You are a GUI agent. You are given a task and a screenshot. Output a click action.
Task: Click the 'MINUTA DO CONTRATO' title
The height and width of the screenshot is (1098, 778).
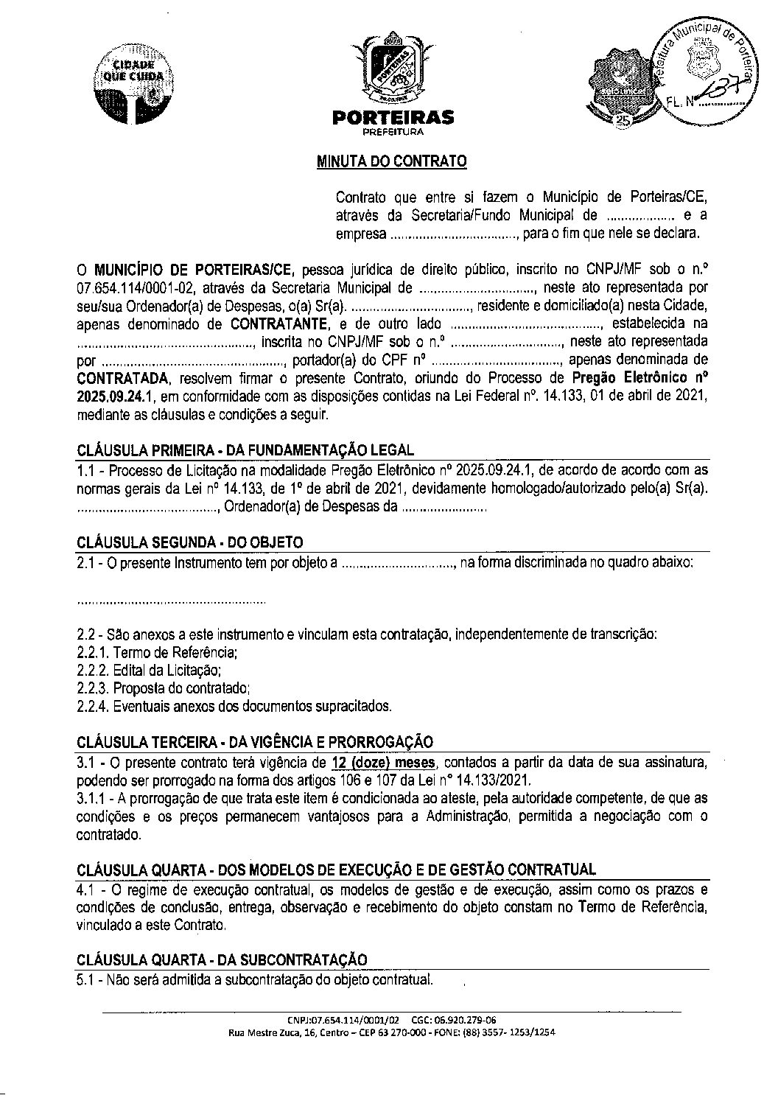[391, 161]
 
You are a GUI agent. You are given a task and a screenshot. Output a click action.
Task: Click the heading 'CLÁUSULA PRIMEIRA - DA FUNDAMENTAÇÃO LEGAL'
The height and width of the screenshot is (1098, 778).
[245, 450]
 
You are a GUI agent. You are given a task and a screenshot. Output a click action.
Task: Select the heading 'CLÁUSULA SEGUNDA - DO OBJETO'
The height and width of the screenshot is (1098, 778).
[189, 542]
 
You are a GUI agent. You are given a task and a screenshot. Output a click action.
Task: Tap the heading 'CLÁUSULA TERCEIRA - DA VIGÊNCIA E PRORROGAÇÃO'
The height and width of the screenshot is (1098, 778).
[255, 742]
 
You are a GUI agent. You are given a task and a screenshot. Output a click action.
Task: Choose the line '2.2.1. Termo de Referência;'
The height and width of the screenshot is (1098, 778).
[157, 652]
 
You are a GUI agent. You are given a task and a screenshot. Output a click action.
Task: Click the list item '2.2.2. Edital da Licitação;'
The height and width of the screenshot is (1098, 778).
[149, 671]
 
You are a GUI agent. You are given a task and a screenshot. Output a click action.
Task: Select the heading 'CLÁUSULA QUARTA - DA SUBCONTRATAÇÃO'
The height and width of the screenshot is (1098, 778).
[222, 959]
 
